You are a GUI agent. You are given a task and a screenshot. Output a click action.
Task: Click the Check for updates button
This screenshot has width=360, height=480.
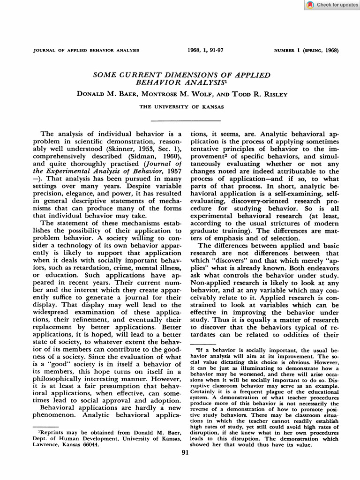tap(332, 5)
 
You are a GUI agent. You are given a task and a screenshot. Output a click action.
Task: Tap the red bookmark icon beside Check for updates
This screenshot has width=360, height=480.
tap(310, 5)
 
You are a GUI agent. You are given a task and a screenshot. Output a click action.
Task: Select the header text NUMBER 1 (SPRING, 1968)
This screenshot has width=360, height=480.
tap(306, 50)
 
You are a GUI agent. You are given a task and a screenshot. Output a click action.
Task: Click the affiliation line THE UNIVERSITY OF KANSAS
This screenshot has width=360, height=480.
tap(181, 107)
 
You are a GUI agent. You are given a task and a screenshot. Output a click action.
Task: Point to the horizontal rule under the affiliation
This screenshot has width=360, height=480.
tap(181, 120)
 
